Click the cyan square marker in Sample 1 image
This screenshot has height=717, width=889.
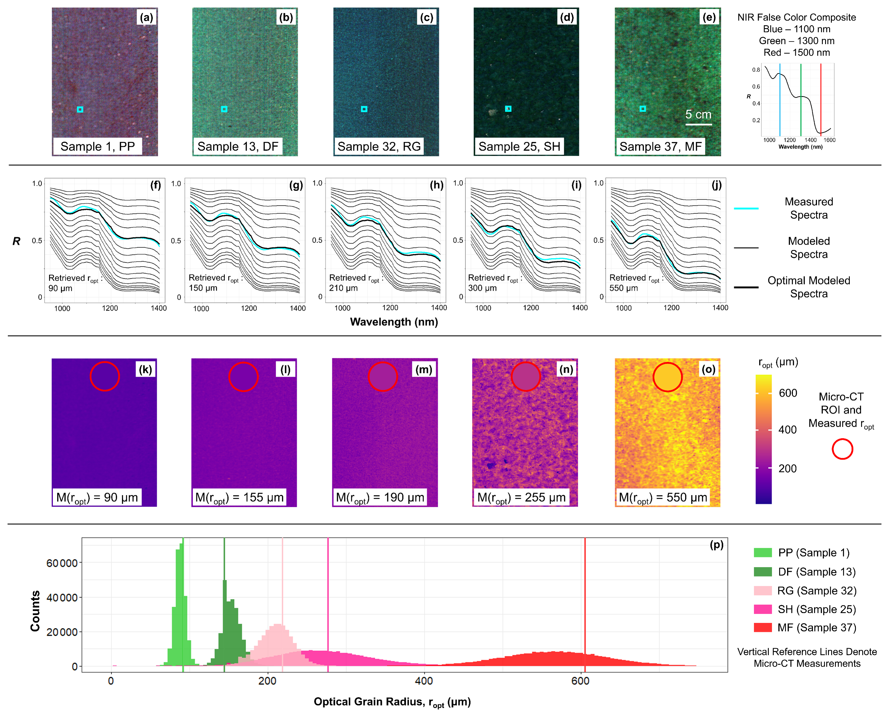coord(80,109)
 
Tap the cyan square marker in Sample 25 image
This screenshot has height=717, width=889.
coord(508,109)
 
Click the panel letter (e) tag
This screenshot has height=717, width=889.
coord(709,17)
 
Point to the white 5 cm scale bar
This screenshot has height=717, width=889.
coord(699,124)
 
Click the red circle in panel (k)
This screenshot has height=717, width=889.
coord(105,376)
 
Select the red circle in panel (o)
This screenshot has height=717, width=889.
coord(667,377)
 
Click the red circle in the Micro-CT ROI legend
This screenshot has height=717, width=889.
coord(842,449)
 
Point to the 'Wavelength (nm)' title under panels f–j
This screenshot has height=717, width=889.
coord(394,322)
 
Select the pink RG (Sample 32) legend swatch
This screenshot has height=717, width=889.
coord(763,591)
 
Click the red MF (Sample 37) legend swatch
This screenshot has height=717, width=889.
coord(763,627)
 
